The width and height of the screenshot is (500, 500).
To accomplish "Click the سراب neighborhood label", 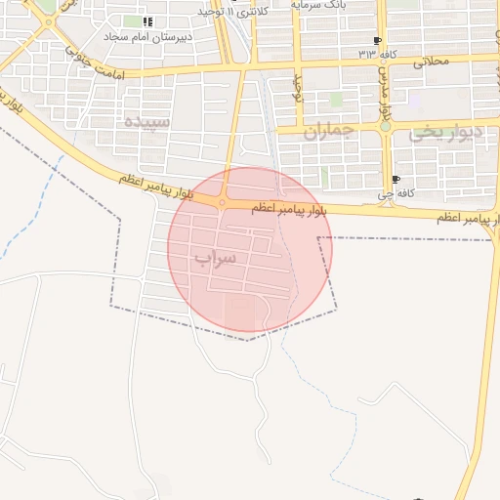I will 216,259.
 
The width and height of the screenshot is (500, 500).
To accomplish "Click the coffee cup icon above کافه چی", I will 396,180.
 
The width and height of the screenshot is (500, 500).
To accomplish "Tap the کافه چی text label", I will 396,193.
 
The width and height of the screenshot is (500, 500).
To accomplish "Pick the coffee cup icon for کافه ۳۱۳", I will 376,40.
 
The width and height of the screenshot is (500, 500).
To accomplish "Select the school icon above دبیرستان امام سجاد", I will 146,21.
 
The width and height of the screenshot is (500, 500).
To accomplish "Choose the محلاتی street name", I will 432,61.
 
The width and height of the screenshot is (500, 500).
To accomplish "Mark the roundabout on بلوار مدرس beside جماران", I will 386,126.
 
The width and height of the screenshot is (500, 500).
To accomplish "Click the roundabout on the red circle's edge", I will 223,202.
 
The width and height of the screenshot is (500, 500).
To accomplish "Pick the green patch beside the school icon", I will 132,21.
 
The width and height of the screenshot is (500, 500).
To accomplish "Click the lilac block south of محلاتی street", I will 416,99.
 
